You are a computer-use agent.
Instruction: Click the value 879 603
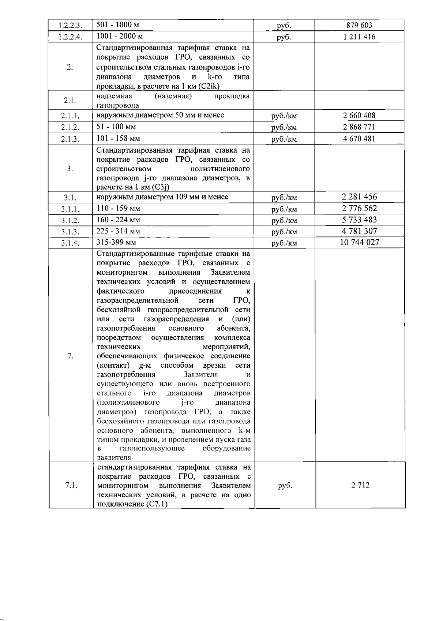(359, 25)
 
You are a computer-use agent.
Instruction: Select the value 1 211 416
(359, 37)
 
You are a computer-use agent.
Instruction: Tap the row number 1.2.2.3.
(70, 26)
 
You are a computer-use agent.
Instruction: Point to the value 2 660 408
(359, 116)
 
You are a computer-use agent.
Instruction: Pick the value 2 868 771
(359, 127)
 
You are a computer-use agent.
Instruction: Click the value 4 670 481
(359, 139)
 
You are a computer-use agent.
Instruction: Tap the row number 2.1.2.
(70, 128)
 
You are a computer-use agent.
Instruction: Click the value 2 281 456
(359, 197)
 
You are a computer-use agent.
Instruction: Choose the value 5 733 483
(359, 220)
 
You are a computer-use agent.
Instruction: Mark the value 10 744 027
(359, 242)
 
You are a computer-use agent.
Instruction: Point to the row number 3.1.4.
(70, 243)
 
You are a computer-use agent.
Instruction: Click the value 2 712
(360, 485)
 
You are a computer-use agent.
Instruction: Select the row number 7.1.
(71, 486)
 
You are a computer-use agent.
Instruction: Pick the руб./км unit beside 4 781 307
(284, 232)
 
